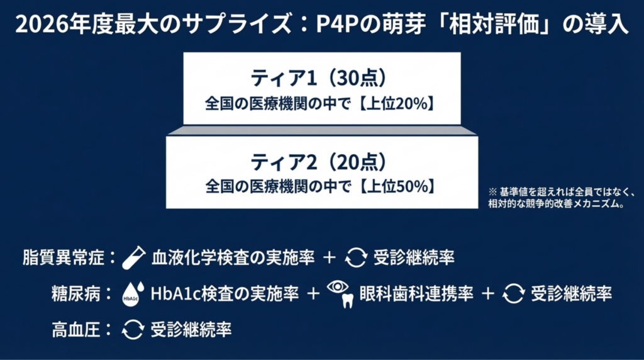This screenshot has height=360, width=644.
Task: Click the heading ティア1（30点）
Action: point(319,77)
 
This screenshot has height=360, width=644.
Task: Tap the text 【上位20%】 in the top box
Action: point(397,104)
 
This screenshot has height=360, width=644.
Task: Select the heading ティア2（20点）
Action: point(319,162)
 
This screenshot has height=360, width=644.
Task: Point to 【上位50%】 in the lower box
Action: point(397,186)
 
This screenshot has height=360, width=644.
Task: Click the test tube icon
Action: point(133,257)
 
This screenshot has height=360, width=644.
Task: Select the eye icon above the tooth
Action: point(338,286)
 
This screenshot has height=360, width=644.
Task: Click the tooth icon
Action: point(348,301)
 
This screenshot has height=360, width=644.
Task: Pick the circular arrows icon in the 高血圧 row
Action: point(133,330)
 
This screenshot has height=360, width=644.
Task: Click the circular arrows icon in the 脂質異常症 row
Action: point(356,257)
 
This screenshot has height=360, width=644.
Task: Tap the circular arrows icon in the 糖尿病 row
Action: point(513,293)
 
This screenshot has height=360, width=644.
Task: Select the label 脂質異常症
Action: point(64,257)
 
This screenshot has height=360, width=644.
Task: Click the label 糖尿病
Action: point(76,294)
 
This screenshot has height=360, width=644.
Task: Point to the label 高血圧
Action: point(76,330)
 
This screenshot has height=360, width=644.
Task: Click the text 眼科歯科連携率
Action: point(416,294)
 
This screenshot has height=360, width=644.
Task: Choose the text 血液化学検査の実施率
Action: point(233,257)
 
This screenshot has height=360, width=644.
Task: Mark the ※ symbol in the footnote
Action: point(492,191)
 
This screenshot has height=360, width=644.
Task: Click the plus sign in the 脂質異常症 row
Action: point(330,257)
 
